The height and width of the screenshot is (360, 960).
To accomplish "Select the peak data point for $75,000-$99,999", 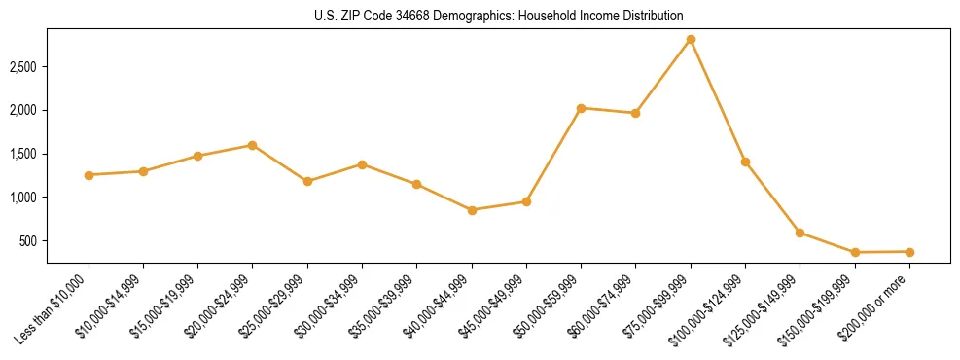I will click(691, 40).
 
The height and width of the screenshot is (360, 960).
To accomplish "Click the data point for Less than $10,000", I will click(89, 175).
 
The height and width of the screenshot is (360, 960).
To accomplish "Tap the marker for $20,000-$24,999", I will click(252, 145).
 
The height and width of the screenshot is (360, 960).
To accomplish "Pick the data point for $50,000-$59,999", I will click(581, 108).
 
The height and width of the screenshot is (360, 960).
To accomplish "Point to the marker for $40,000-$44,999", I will click(472, 210).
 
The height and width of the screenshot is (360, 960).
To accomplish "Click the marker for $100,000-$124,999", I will click(745, 162).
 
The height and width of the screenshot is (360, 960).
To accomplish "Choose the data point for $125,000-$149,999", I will click(800, 233).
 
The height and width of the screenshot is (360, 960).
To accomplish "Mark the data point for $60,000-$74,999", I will click(635, 113).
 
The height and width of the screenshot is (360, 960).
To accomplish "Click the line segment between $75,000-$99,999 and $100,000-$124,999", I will click(718, 101).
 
